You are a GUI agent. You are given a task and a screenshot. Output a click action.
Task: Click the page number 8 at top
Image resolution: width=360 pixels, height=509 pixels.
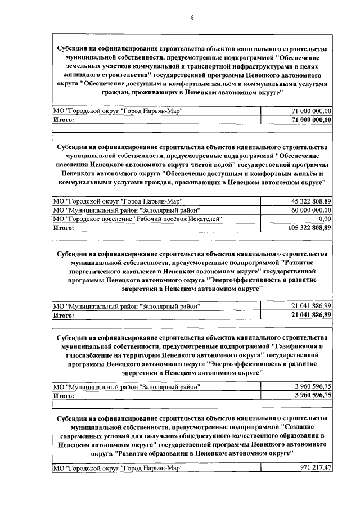point(192,18)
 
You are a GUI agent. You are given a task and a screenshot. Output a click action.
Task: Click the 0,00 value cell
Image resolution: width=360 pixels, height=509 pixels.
point(325,218)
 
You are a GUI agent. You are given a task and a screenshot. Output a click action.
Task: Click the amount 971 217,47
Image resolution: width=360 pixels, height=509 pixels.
point(316,467)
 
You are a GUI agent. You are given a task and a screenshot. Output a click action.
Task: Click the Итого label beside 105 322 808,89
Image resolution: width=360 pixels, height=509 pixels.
point(64,227)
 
